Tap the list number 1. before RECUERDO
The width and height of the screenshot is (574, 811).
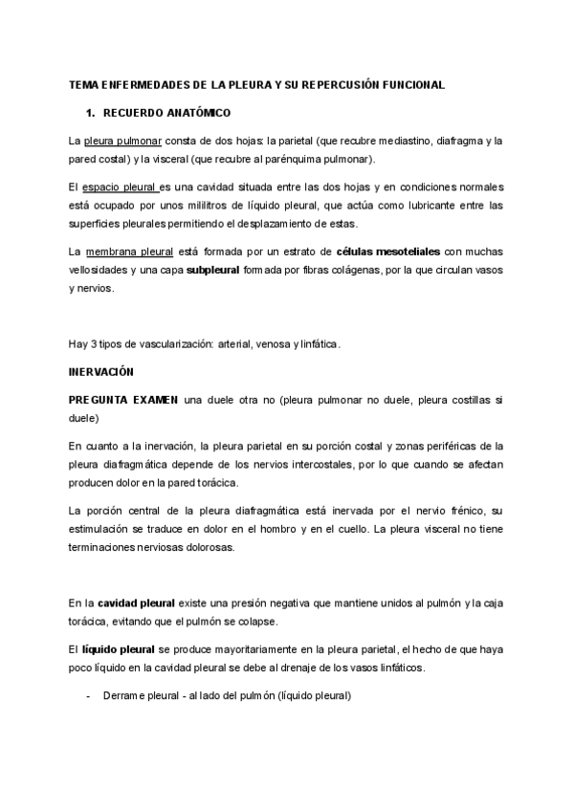pos(92,114)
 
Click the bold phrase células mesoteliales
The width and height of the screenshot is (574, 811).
pos(388,252)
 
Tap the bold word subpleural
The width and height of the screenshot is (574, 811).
pos(215,270)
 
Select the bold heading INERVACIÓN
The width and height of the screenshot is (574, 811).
pos(101,370)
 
